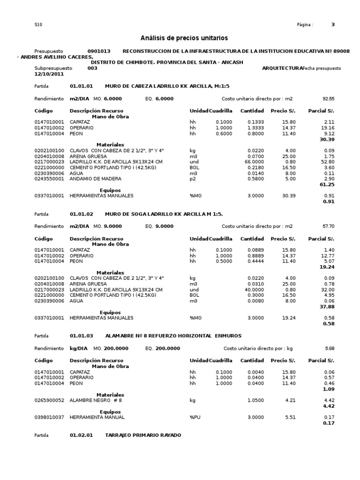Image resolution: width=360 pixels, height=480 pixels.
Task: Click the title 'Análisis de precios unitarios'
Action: (x=184, y=38)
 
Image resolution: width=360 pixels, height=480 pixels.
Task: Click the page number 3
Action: (x=333, y=25)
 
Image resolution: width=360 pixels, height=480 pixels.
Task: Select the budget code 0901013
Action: (x=99, y=51)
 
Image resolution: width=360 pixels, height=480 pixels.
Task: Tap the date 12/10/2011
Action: (x=48, y=74)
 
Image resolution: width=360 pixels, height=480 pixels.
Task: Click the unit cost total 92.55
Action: (x=328, y=99)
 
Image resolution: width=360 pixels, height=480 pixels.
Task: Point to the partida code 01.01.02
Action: (x=82, y=214)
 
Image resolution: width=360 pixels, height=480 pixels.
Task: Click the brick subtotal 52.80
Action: (x=327, y=162)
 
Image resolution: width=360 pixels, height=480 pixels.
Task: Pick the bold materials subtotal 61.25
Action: (x=327, y=185)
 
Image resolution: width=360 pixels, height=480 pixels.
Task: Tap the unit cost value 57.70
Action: (x=328, y=226)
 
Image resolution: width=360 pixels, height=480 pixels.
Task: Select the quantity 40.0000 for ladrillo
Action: (x=253, y=290)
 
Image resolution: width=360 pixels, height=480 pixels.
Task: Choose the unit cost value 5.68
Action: (x=330, y=349)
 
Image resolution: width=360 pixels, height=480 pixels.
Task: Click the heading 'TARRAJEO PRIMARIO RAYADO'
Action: (x=143, y=435)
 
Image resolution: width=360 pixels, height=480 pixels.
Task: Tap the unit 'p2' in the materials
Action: (x=192, y=179)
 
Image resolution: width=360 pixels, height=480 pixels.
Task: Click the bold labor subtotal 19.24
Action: (x=327, y=267)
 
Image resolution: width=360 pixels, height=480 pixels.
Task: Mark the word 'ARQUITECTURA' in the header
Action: (x=282, y=68)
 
